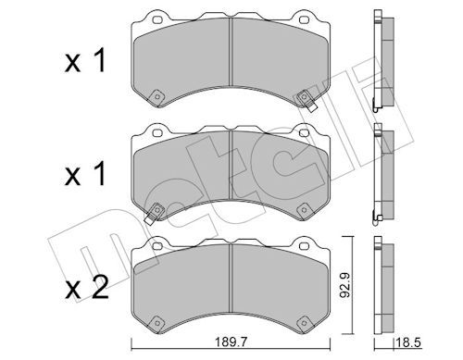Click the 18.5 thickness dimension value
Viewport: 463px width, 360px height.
pos(408,342)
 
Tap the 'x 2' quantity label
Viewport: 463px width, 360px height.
pos(87,288)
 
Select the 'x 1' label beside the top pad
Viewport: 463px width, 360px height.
pos(85,60)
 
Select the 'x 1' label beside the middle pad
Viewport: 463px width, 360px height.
pos(85,174)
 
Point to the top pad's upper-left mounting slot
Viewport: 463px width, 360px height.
pos(157,19)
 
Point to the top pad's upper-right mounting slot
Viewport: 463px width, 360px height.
pos(304,19)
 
